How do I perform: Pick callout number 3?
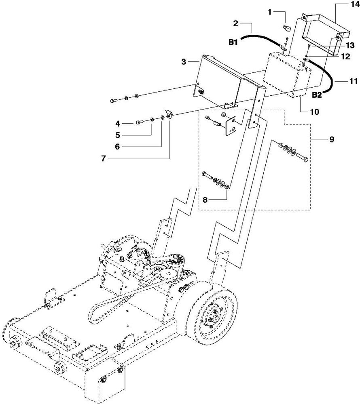(184, 61)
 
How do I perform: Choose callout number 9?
(331, 139)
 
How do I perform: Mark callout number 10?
(303, 111)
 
